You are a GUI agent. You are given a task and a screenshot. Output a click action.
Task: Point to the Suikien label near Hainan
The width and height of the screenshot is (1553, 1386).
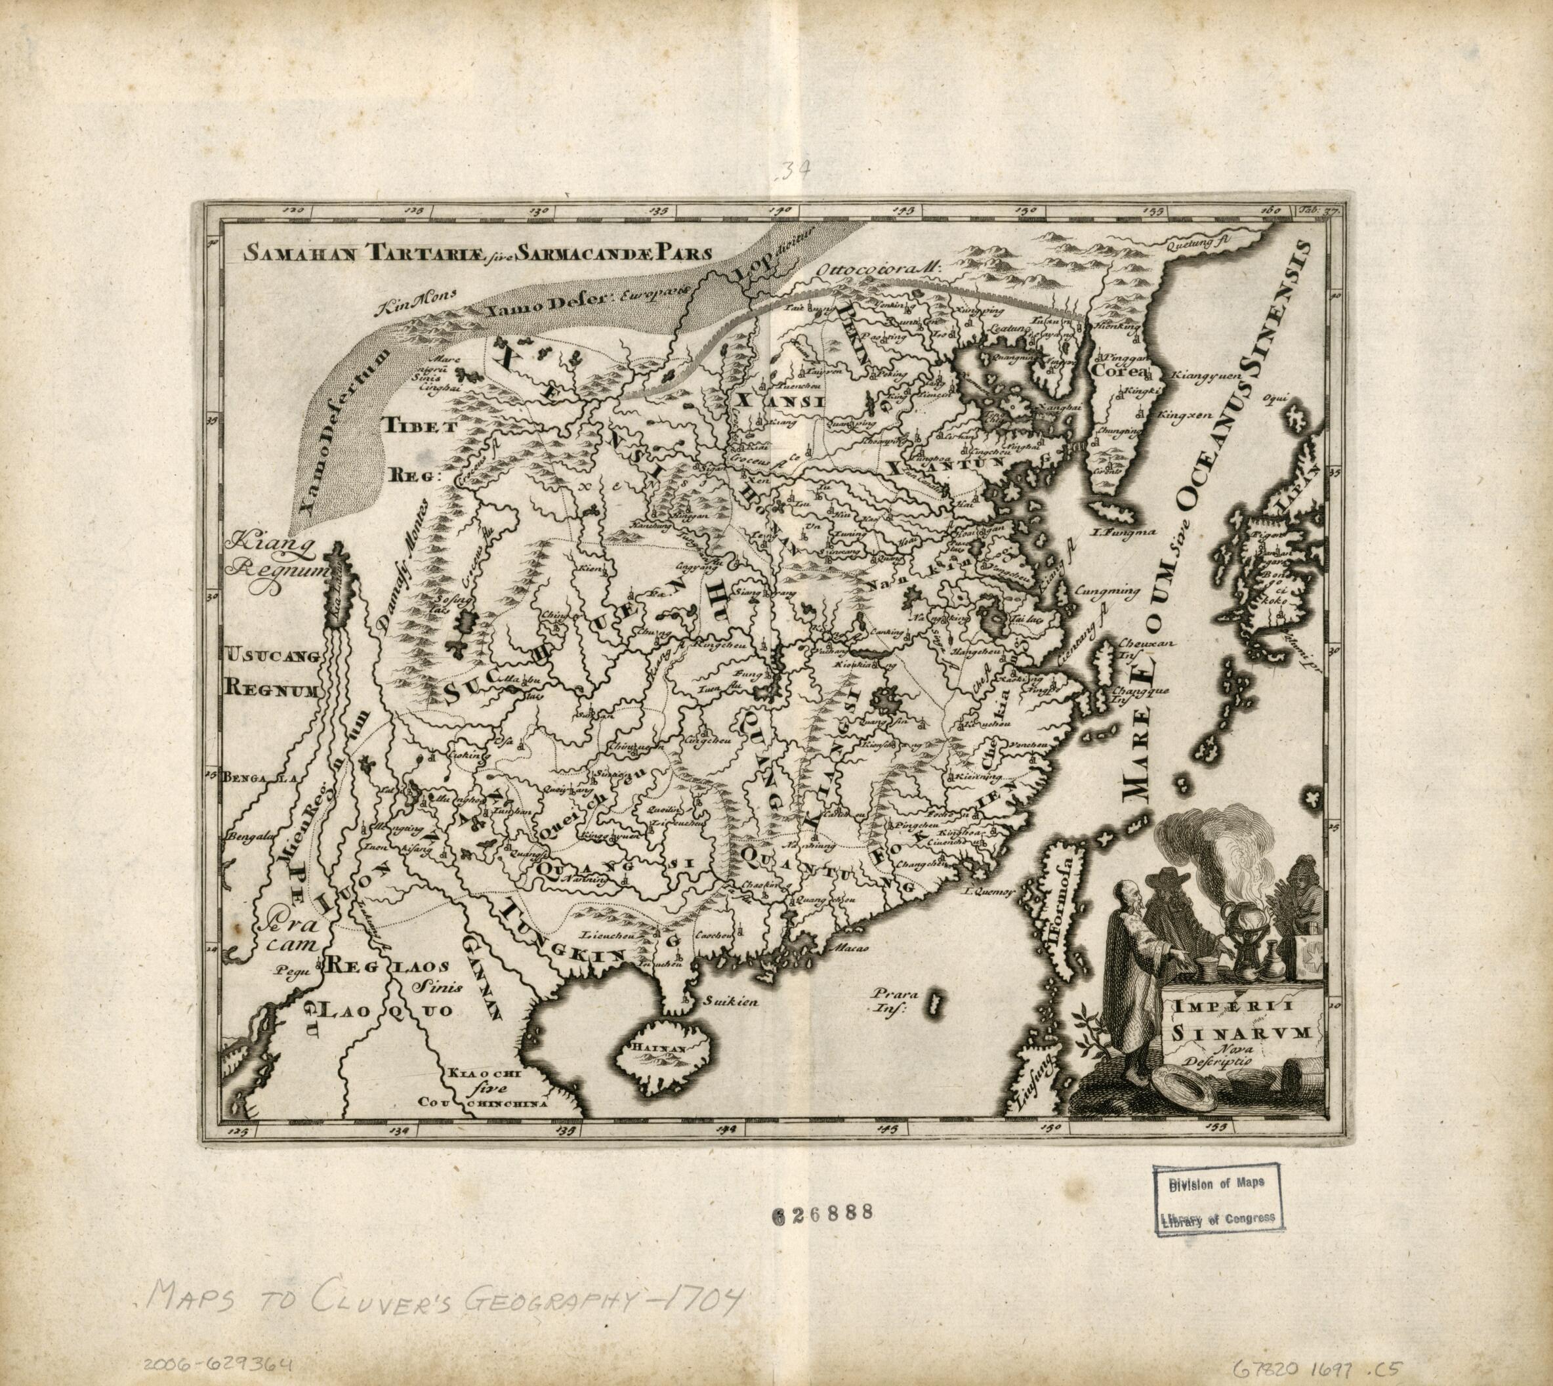[x=732, y=1002]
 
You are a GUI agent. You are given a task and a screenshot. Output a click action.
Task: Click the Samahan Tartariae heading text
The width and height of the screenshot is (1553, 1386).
[x=476, y=252]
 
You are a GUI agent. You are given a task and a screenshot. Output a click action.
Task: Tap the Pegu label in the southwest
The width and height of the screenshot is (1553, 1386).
[x=289, y=971]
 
